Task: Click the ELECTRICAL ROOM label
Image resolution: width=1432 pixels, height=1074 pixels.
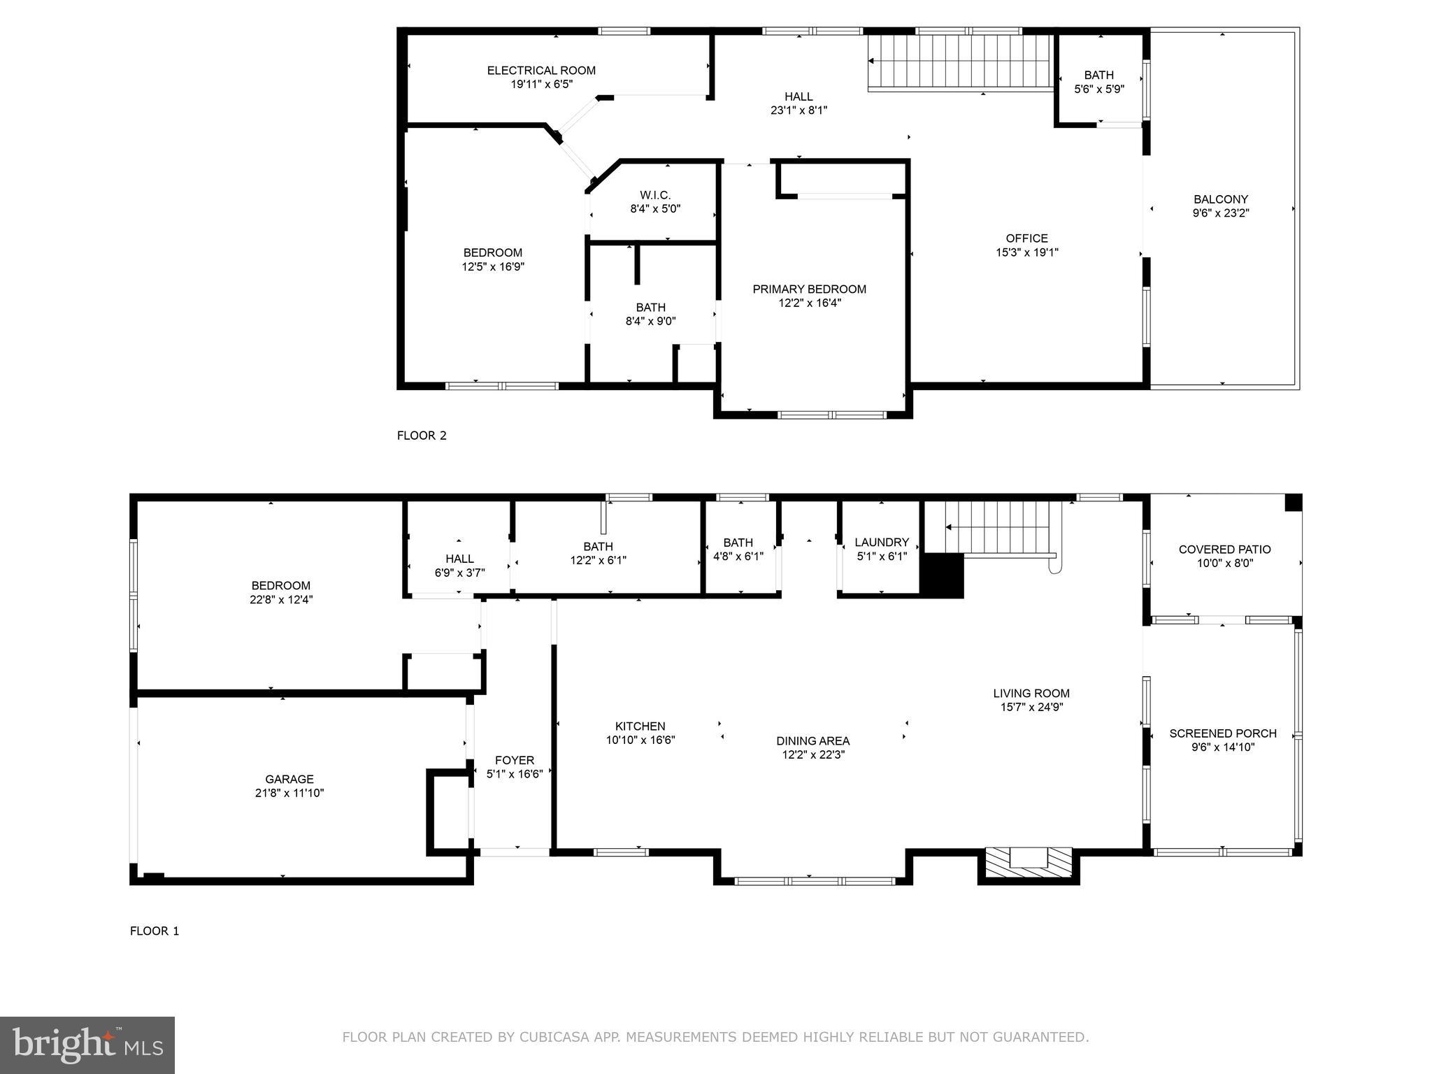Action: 541,71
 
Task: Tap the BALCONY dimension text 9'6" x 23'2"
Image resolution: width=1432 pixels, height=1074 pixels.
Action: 1220,213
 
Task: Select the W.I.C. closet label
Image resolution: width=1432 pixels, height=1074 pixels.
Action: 655,195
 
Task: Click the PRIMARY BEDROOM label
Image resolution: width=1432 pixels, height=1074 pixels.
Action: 809,289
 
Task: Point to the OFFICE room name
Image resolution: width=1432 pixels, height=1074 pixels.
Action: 1026,238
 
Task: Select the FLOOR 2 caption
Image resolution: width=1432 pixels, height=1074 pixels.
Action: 422,436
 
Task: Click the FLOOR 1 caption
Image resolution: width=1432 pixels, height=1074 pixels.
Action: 155,931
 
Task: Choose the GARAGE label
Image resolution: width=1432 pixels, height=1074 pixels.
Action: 289,779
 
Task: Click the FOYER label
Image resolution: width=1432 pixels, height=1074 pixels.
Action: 514,760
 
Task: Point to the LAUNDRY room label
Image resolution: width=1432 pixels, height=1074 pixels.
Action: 881,542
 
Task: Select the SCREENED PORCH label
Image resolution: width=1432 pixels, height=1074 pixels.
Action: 1222,733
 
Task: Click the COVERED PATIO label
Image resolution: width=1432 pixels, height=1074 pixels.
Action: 1224,550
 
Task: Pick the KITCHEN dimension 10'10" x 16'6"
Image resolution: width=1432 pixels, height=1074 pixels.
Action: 640,740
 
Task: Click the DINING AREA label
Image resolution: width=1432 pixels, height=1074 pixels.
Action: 812,741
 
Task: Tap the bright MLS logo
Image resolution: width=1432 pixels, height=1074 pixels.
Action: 87,1045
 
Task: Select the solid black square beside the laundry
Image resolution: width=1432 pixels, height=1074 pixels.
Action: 941,575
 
